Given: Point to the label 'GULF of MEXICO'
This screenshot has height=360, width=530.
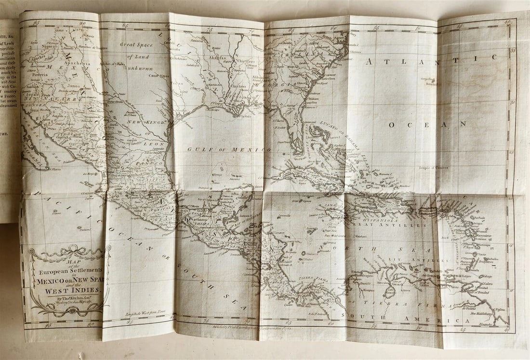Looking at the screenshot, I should point(220,149).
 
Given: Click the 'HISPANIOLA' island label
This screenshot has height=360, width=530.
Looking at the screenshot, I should point(383,217).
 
